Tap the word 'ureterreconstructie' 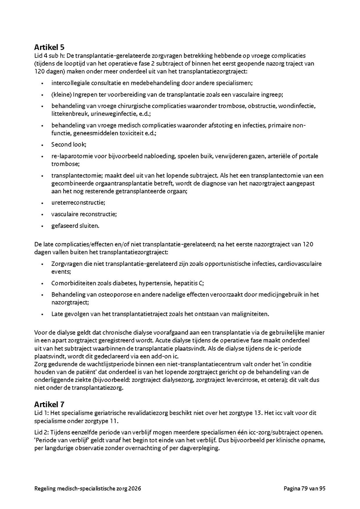[77, 203]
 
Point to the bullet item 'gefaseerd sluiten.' [75, 226]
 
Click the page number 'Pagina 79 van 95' [304, 489]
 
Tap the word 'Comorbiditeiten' [74, 283]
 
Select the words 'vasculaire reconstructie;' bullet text [84, 214]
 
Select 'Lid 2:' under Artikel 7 [42, 432]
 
